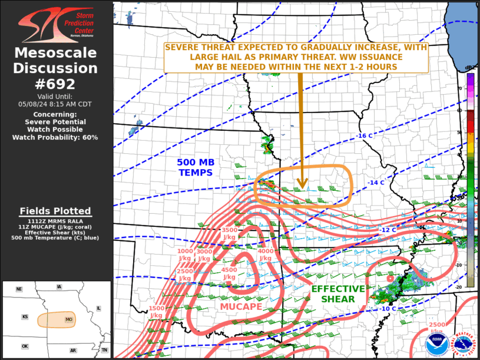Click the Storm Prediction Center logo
56,24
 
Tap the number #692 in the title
56,84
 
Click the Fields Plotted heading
55,211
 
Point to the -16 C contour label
365,136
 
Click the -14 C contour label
376,183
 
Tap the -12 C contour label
388,230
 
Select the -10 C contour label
388,309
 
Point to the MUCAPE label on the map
241,307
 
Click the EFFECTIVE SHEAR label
338,293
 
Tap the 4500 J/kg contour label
229,273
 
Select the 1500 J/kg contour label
157,312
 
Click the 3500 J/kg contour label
229,233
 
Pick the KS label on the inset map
25,317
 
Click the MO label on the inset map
69,320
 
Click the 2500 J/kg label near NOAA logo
436,328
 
